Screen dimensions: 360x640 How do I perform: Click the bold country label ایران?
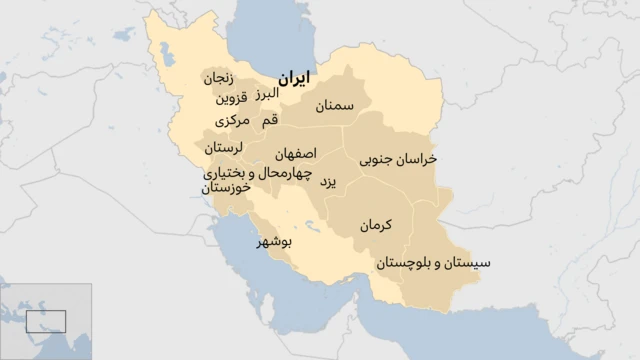tap(293, 77)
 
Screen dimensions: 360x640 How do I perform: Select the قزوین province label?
tap(229, 98)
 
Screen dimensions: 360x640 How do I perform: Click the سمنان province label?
tap(335, 105)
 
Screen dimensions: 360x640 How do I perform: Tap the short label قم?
tap(269, 121)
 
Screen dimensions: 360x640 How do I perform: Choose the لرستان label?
tap(223, 147)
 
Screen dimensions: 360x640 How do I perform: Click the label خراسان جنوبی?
tap(398, 159)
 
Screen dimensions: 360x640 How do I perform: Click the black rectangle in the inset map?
tap(46, 322)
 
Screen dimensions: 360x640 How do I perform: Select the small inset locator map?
tap(45, 321)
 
